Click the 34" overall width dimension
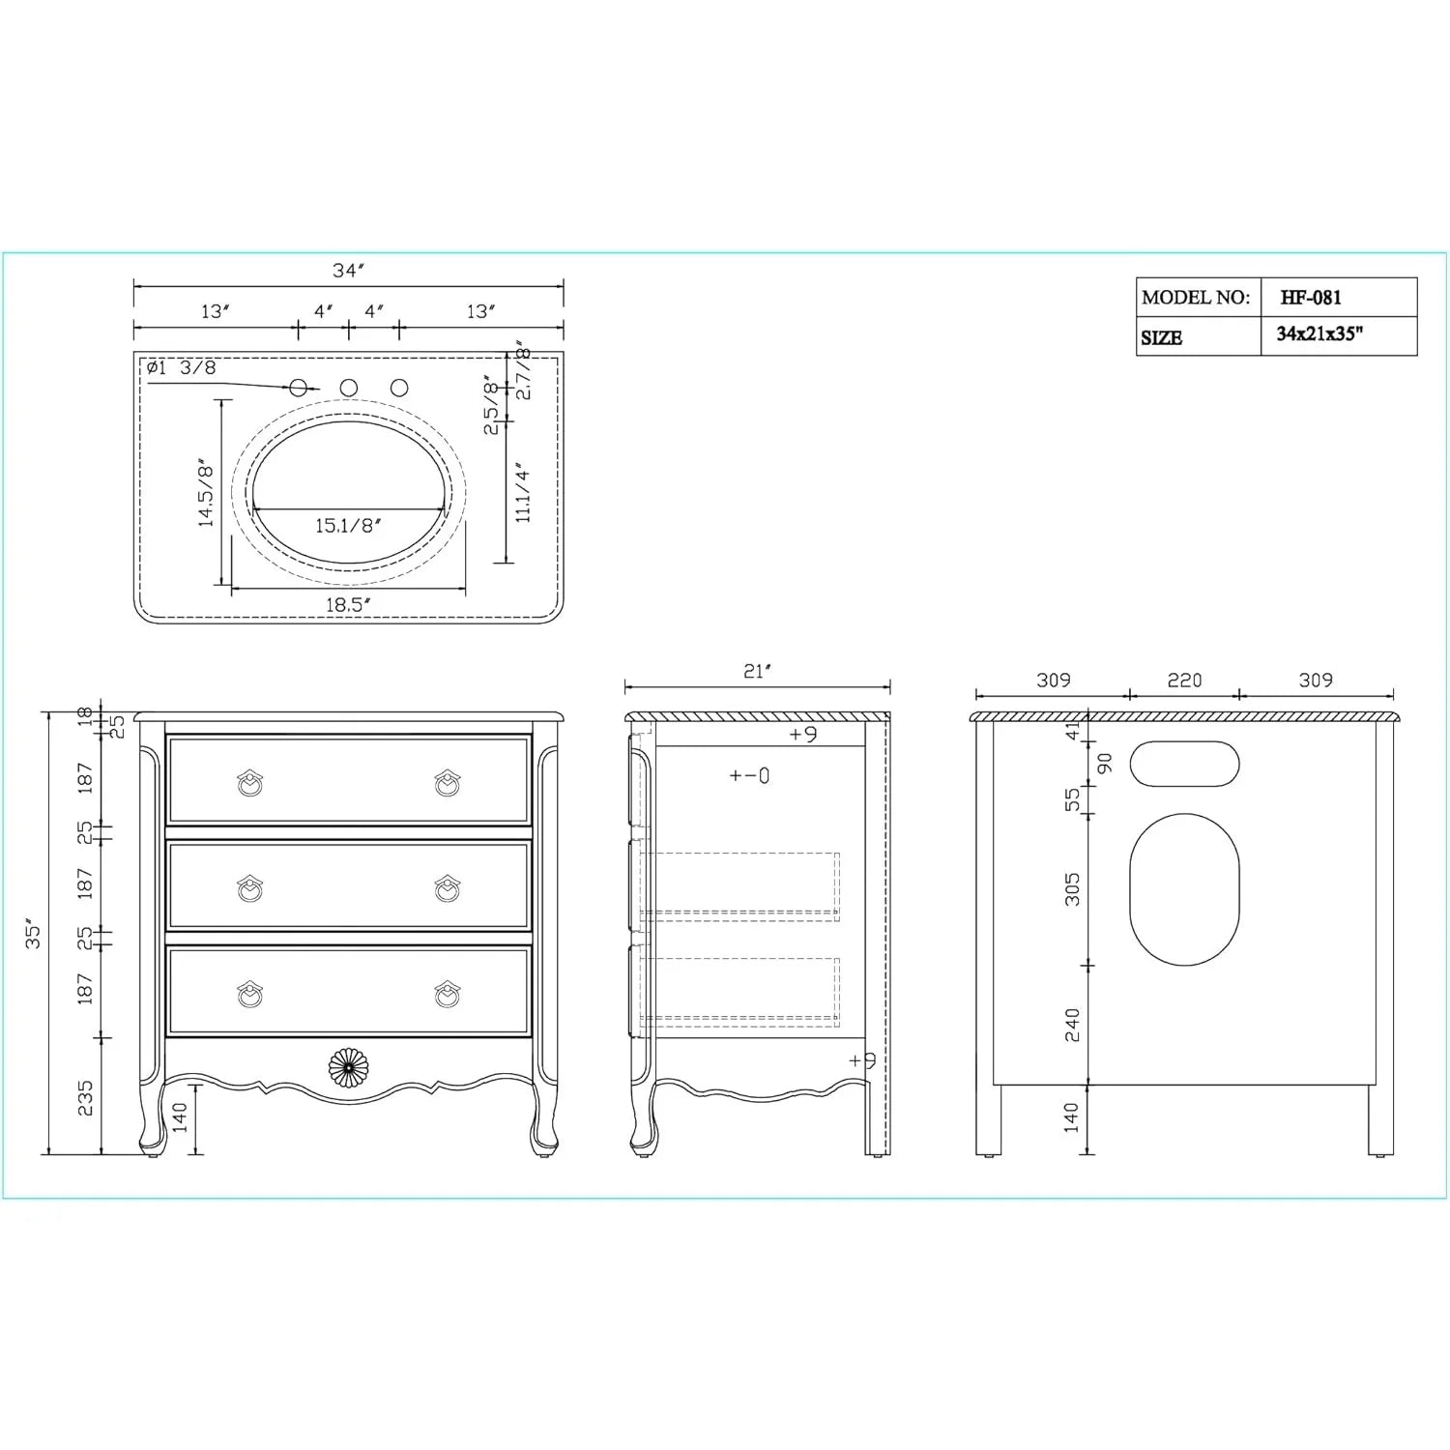click(348, 271)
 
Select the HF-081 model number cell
click(1311, 298)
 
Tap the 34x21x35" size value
click(1319, 334)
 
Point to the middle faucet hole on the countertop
click(349, 388)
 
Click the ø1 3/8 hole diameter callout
click(182, 367)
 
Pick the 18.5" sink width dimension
click(348, 605)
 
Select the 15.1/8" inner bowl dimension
click(348, 526)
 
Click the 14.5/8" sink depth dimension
click(206, 493)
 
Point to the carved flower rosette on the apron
click(348, 1067)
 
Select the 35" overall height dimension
click(34, 933)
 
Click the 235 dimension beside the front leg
click(85, 1097)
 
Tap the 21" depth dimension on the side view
click(758, 671)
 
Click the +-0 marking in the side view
click(749, 775)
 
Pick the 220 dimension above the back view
click(1184, 681)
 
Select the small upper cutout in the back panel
click(1184, 764)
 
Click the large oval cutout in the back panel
click(1184, 889)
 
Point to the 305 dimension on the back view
click(1072, 889)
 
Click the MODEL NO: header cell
click(1196, 298)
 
